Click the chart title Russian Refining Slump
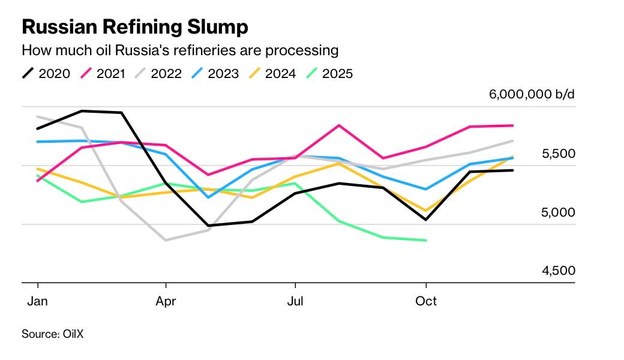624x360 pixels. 135,27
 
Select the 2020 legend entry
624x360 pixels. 47,74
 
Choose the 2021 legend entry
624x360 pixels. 103,74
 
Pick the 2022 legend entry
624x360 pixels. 159,74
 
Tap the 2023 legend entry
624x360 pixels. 215,74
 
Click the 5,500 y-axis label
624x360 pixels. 558,154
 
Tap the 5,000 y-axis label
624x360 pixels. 558,213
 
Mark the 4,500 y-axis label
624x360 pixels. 558,271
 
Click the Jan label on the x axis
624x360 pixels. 37,301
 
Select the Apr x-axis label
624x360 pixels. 166,301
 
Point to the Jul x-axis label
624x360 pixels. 295,301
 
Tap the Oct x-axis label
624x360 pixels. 426,301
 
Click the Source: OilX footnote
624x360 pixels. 53,334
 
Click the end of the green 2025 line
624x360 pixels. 426,240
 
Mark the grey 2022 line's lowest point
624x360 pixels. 166,240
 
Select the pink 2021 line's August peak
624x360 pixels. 339,125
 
